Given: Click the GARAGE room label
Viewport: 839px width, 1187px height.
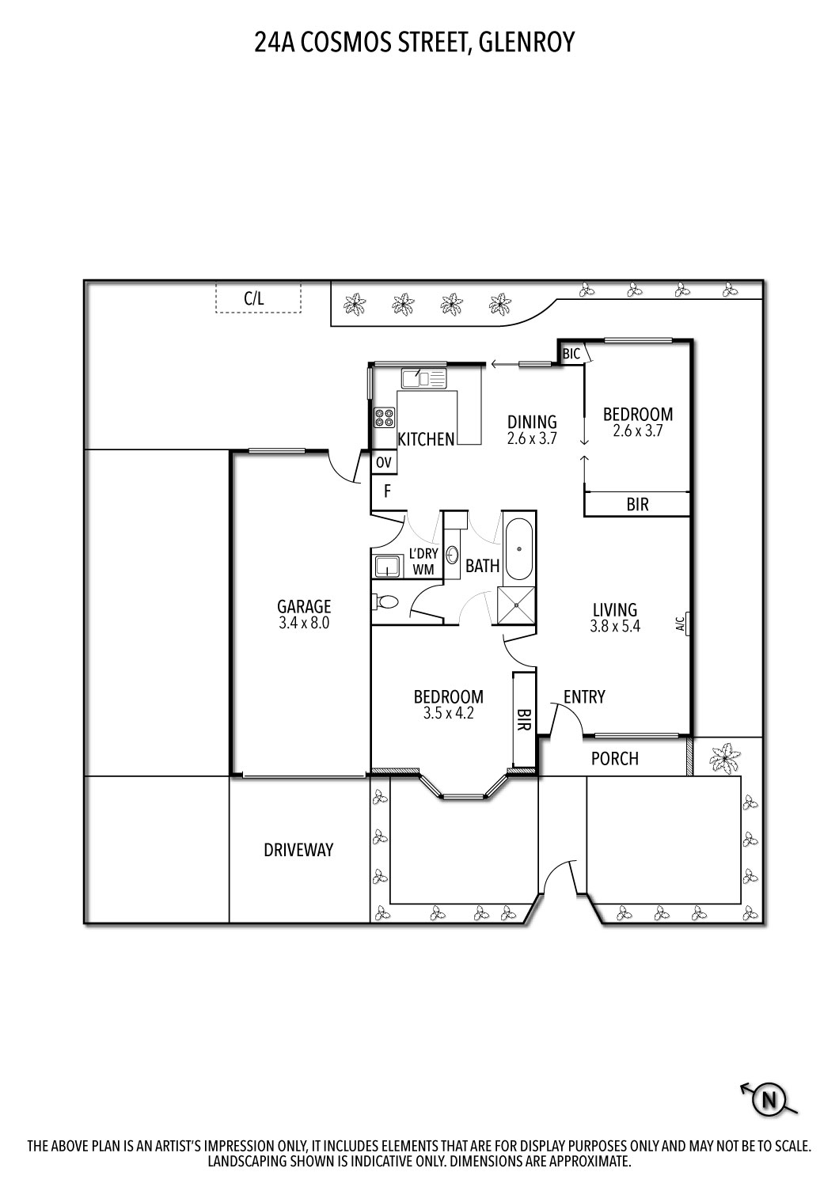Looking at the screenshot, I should pos(304,607).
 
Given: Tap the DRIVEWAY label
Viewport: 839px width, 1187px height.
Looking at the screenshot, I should pos(298,850).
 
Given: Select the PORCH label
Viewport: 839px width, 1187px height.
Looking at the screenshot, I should pos(614,758).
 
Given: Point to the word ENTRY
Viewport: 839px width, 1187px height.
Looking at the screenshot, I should pos(584,696).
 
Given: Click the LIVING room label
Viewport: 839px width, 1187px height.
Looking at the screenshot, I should pos(615,610).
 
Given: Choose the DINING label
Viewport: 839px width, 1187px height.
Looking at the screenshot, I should pos(532,422).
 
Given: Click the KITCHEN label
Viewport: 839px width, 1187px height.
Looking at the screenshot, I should pos(426,439).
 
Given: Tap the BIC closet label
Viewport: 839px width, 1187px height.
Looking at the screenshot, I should pos(571,355).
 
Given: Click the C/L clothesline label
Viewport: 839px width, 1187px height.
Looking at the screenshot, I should pos(253,299).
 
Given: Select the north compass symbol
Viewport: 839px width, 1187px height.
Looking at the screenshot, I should pos(767,1099).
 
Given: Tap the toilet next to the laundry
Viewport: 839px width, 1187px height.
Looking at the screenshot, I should pos(385,603).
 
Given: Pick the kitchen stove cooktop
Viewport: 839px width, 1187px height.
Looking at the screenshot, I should pos(385,416).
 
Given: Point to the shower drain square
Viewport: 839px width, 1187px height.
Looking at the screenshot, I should pos(517,605).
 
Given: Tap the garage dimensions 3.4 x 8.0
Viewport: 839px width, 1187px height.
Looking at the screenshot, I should pos(304,623).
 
